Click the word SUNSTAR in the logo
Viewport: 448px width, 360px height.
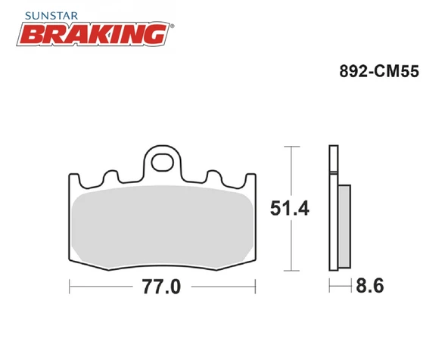(51, 16)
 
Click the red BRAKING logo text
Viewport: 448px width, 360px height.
(93, 34)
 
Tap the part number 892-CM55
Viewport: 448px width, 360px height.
(379, 71)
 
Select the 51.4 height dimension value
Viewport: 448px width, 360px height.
(289, 208)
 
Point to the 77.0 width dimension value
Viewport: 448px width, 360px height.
(162, 287)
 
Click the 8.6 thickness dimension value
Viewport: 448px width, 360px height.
(370, 285)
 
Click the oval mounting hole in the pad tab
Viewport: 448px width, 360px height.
(162, 163)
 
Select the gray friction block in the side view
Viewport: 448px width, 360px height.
(344, 226)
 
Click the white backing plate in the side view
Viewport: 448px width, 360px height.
(334, 208)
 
